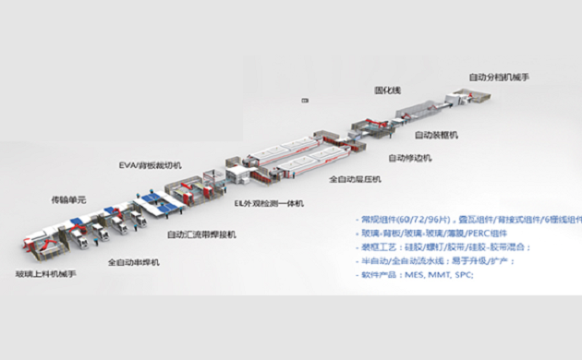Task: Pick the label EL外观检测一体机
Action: (269, 203)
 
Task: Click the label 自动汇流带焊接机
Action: (201, 234)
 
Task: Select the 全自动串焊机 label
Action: (133, 262)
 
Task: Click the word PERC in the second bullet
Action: (503, 234)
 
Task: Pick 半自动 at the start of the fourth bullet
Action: (374, 260)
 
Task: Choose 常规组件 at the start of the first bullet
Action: (380, 220)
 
